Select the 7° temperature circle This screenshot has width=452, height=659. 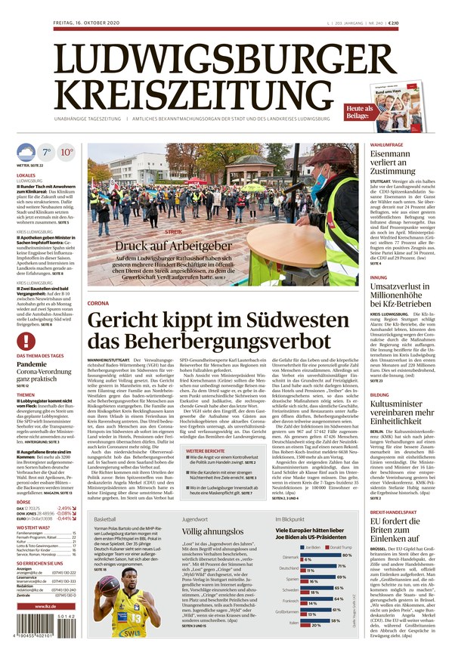pos(46,152)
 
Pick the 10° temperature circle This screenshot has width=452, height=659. pos(67,152)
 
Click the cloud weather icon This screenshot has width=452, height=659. pos(26,152)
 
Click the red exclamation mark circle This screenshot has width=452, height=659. pos(26,341)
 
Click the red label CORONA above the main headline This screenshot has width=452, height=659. pos(98,302)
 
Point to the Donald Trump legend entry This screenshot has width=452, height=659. pos(343,546)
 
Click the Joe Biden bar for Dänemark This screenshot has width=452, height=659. pos(318,558)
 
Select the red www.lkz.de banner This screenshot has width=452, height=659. pos(47,605)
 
